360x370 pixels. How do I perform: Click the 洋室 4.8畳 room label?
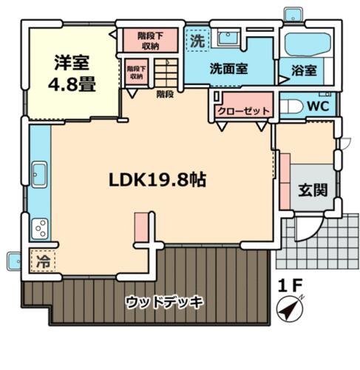coord(72,73)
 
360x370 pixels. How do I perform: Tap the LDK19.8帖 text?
coord(157,180)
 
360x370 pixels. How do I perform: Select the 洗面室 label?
coord(228,69)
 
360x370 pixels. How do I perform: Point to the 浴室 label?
coord(304,70)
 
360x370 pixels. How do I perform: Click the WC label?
coord(318,106)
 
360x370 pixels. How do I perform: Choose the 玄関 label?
coord(313,190)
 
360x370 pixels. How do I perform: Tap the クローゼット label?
coord(243,111)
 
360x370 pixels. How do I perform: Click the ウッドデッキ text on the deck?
coord(165,302)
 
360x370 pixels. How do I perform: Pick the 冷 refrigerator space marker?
coord(43,261)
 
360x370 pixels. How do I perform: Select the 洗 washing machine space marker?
coord(197,41)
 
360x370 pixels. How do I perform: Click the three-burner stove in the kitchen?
coord(40,229)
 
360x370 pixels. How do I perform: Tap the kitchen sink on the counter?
coord(39,175)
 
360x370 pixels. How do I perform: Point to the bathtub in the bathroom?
coord(308,45)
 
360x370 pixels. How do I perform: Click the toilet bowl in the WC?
coord(291,107)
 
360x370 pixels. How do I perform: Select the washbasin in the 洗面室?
coord(228,38)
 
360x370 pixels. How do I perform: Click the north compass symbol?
coord(290,309)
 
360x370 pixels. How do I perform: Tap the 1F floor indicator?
coord(290,286)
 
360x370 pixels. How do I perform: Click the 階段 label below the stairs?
coord(165,94)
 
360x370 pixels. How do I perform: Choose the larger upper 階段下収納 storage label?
coord(150,41)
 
